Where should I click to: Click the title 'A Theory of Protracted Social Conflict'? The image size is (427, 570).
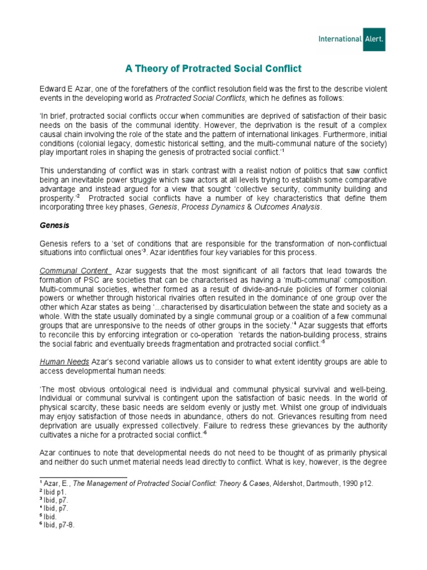[213, 68]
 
